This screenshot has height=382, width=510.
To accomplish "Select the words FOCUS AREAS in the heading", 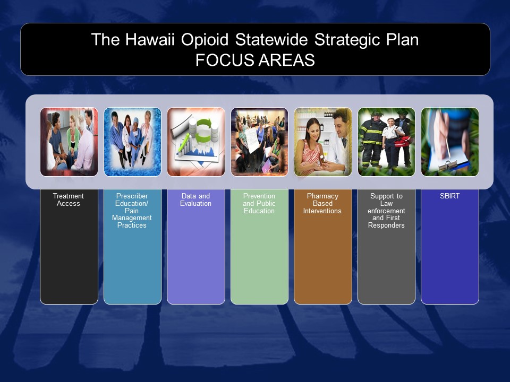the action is (x=255, y=60).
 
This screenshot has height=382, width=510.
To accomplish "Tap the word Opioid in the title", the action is (x=205, y=40).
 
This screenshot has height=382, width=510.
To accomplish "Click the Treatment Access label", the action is (x=69, y=200).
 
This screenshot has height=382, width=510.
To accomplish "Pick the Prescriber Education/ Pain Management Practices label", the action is (x=132, y=211).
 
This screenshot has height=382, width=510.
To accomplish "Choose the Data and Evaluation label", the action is (x=195, y=200).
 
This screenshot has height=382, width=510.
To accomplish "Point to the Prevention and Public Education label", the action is (x=259, y=203).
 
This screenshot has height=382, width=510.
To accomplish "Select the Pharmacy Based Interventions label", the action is (x=322, y=203).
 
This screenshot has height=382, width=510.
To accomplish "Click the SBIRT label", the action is (x=450, y=196).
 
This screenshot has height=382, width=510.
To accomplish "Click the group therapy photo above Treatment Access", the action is (x=69, y=142).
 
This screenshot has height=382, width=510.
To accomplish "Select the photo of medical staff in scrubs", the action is (x=132, y=142).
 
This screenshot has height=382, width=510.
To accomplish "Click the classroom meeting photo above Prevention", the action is (x=259, y=142).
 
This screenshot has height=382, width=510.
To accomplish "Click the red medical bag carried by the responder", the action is (x=404, y=141).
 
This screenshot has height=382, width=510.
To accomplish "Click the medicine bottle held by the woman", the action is (x=322, y=159).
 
